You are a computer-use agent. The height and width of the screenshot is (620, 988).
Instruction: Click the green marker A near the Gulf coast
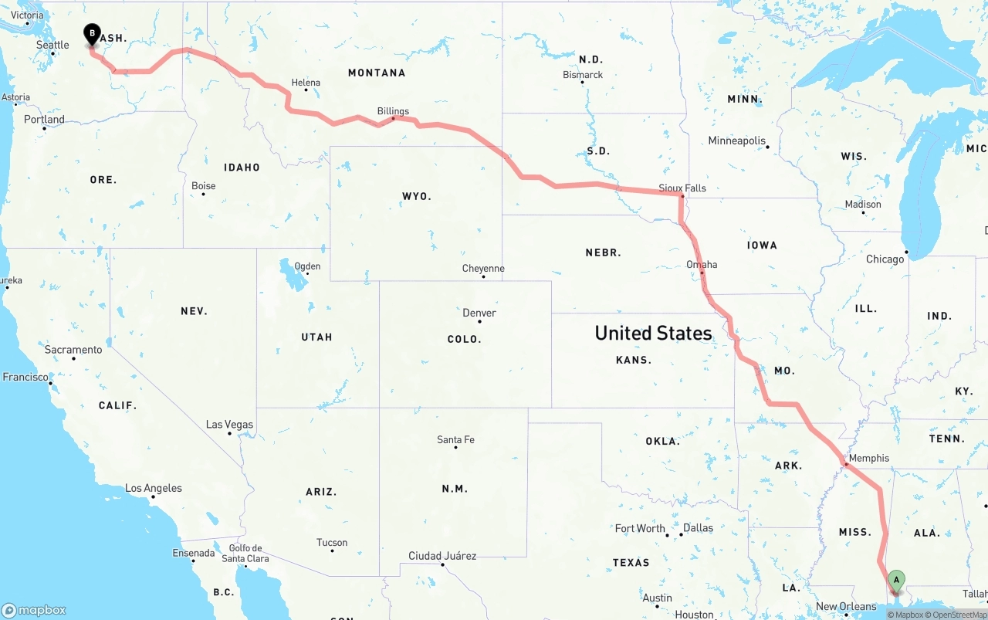(896, 580)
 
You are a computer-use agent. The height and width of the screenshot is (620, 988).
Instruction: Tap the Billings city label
(393, 111)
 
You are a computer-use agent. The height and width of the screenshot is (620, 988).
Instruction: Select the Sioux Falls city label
(682, 188)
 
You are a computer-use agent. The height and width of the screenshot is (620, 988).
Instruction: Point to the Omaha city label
(702, 265)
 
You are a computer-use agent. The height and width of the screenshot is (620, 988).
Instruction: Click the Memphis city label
(869, 458)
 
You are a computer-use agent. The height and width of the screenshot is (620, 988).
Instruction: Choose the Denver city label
(479, 313)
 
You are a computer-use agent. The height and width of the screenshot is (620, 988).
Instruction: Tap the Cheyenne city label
(483, 269)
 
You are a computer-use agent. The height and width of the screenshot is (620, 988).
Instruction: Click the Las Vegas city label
(229, 425)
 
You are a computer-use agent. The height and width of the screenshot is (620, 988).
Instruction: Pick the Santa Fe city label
(455, 440)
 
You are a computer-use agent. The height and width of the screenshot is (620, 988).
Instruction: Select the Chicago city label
(885, 259)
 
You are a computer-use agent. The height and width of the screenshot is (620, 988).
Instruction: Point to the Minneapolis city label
(737, 141)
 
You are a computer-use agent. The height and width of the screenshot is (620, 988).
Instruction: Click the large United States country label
(653, 333)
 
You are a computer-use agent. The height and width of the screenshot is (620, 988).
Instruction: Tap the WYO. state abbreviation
(417, 197)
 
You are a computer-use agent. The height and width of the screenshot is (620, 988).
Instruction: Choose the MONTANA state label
(377, 73)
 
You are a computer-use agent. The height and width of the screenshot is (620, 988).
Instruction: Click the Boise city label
(204, 186)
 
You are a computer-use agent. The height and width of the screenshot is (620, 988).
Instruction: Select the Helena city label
(306, 83)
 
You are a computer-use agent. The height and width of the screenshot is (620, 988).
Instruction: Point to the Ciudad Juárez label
(442, 556)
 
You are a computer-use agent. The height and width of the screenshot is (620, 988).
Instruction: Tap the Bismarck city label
(583, 75)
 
